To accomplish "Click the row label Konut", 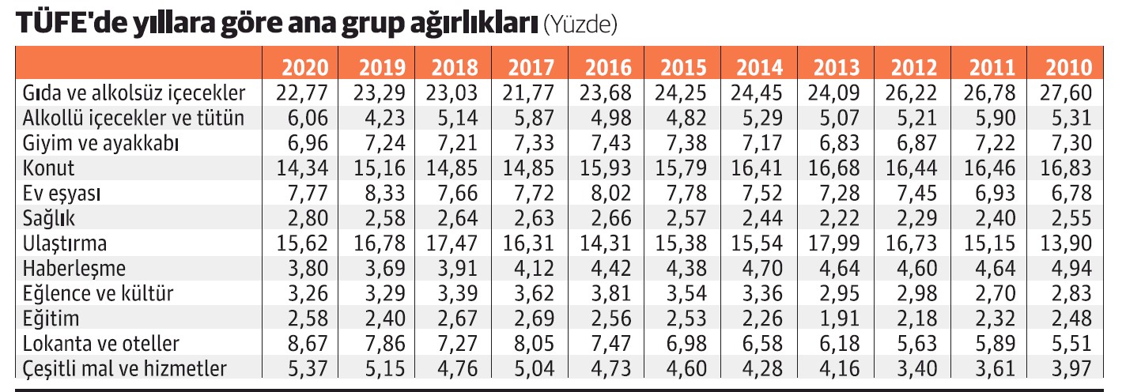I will point(48,168).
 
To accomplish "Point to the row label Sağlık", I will point(49,218).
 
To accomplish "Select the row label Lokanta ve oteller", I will point(101,344).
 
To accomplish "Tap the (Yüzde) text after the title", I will point(580,25).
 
